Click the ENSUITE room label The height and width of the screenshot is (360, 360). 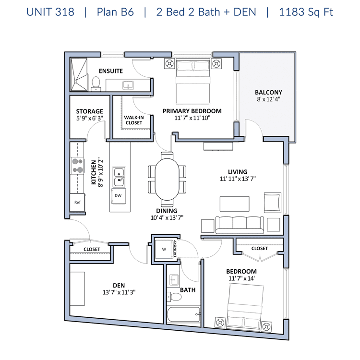pyautogui.click(x=111, y=71)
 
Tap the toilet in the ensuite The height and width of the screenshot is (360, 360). pyautogui.click(x=96, y=84)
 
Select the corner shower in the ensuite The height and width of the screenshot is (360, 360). pyautogui.click(x=79, y=74)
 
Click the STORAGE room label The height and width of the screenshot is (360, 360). pyautogui.click(x=89, y=111)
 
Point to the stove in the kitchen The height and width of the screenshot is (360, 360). pyautogui.click(x=77, y=166)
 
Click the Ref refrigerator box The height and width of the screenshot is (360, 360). pyautogui.click(x=77, y=202)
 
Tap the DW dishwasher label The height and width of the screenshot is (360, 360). pyautogui.click(x=118, y=196)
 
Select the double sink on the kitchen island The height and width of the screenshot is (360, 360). pyautogui.click(x=119, y=177)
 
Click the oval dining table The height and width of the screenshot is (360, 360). pyautogui.click(x=167, y=180)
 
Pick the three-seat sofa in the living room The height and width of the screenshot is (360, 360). pyautogui.click(x=240, y=225)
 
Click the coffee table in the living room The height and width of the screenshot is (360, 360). pyautogui.click(x=234, y=204)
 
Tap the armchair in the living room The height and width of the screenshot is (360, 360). pyautogui.click(x=273, y=203)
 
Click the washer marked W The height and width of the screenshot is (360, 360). pyautogui.click(x=164, y=249)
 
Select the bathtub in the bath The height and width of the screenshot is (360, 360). pyautogui.click(x=184, y=314)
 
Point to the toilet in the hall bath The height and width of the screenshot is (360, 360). pyautogui.click(x=174, y=297)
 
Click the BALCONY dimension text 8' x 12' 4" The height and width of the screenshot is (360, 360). pyautogui.click(x=269, y=99)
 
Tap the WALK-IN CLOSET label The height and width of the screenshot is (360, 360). pyautogui.click(x=134, y=120)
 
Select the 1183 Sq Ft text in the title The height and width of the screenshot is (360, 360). pyautogui.click(x=306, y=12)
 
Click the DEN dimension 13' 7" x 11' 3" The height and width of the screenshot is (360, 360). pyautogui.click(x=119, y=292)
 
